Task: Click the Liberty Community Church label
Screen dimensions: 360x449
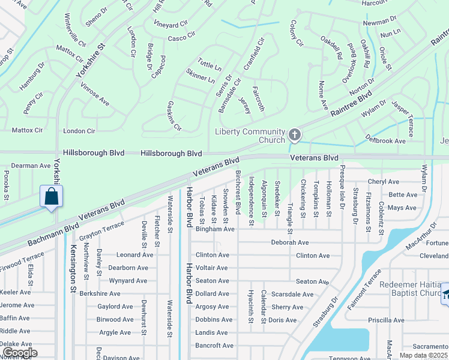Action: pos(250,136)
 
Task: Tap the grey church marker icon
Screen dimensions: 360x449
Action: pos(294,134)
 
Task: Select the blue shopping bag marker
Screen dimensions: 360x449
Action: pos(52,196)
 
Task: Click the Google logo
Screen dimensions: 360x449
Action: pos(19,353)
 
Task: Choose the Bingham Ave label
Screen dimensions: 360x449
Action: pos(215,229)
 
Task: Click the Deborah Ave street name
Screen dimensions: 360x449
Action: pos(290,242)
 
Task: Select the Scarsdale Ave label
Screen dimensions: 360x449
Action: pos(292,294)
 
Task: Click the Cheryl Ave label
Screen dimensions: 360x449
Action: pos(384,182)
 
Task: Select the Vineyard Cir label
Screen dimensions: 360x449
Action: pos(171,25)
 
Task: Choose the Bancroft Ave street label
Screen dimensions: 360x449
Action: pos(214,346)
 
